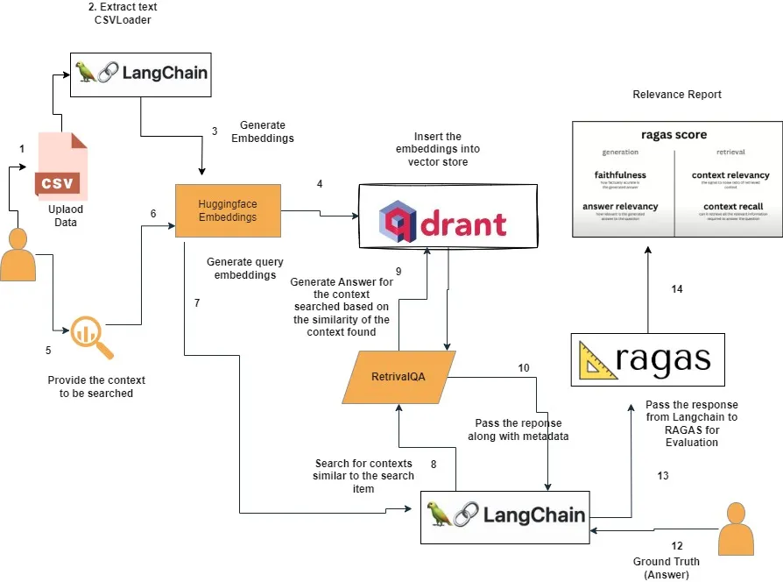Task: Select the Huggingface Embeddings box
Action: coord(228,210)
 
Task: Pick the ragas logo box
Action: coord(647,359)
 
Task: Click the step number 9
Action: coord(399,272)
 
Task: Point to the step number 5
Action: coord(48,350)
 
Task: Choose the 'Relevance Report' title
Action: coord(677,95)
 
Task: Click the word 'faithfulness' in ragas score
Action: coord(620,175)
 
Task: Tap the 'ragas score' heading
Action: coord(674,135)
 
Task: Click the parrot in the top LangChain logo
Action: coord(87,72)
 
